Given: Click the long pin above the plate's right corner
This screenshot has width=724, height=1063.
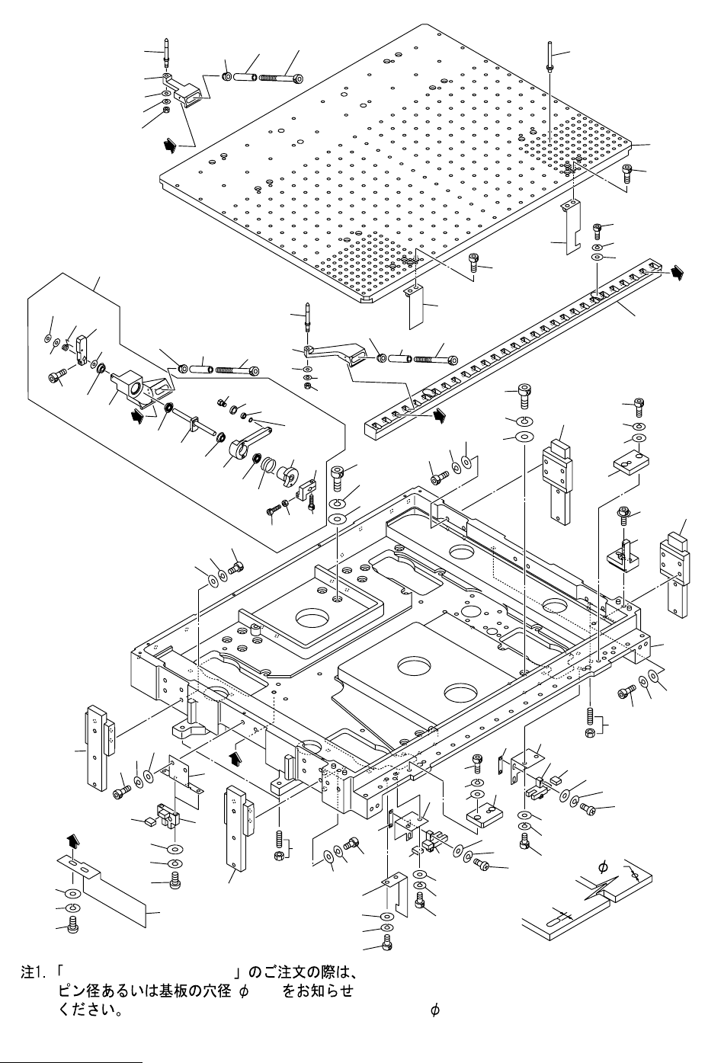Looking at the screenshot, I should pyautogui.click(x=549, y=56).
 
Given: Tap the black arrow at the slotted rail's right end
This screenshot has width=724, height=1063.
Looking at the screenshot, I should pyautogui.click(x=675, y=273).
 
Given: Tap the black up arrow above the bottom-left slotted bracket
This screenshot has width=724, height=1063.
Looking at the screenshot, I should pyautogui.click(x=72, y=840).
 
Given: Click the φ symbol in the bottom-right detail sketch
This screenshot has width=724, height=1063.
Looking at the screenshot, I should pyautogui.click(x=603, y=867).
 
